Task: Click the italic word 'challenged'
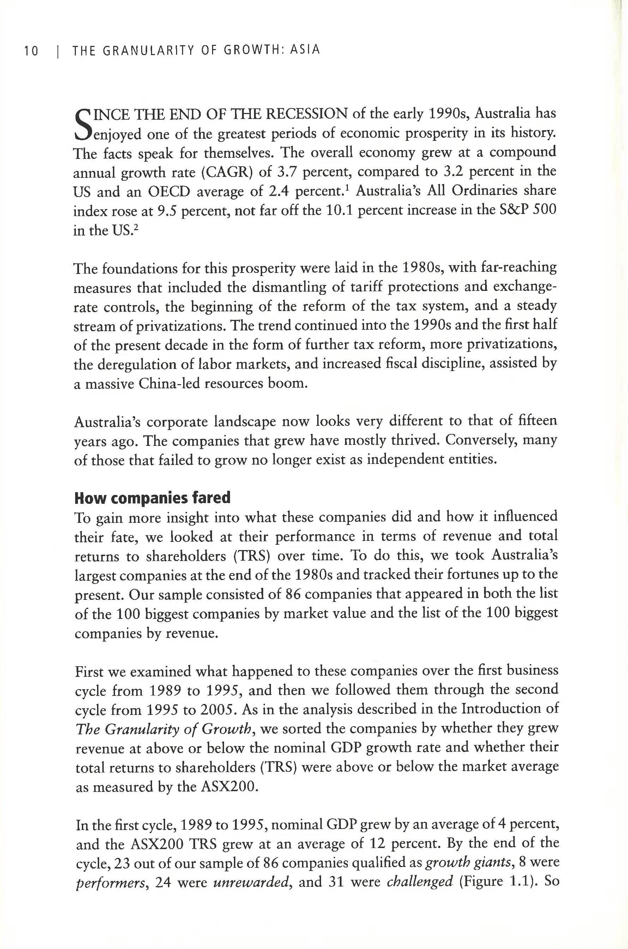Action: click(420, 881)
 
